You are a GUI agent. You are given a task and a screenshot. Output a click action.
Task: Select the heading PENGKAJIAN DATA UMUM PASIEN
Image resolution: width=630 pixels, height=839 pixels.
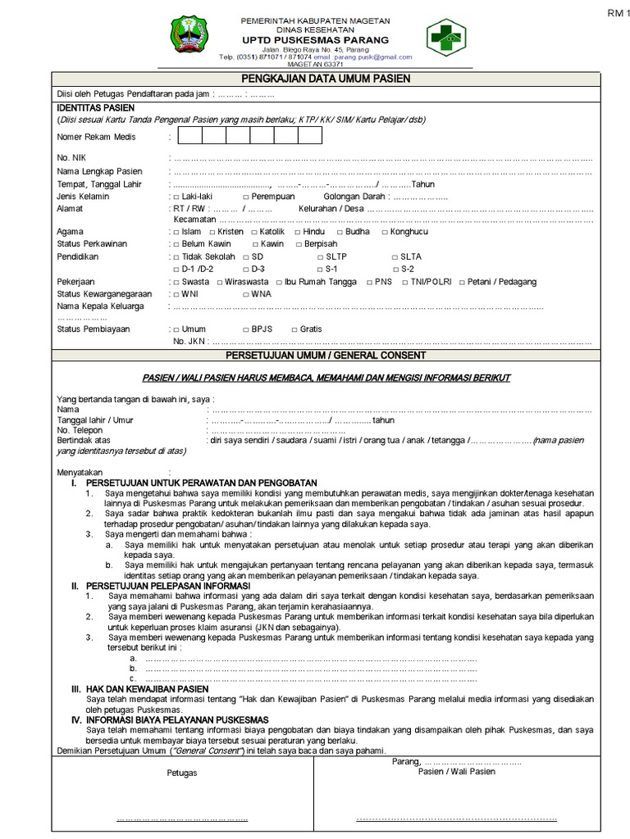[326, 78]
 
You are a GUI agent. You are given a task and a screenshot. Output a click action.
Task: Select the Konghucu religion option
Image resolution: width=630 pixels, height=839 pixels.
[386, 233]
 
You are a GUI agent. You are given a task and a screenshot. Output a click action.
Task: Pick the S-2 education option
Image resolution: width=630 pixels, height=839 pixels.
[395, 269]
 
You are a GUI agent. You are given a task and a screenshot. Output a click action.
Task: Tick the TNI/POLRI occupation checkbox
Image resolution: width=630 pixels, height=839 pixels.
[404, 282]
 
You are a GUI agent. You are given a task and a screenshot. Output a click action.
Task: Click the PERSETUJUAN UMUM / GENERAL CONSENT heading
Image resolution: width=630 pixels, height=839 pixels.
[326, 356]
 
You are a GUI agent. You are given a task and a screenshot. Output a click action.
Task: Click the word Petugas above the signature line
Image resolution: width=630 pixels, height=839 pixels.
[182, 773]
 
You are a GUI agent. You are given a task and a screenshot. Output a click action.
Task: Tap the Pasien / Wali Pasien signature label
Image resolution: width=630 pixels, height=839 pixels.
[457, 772]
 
